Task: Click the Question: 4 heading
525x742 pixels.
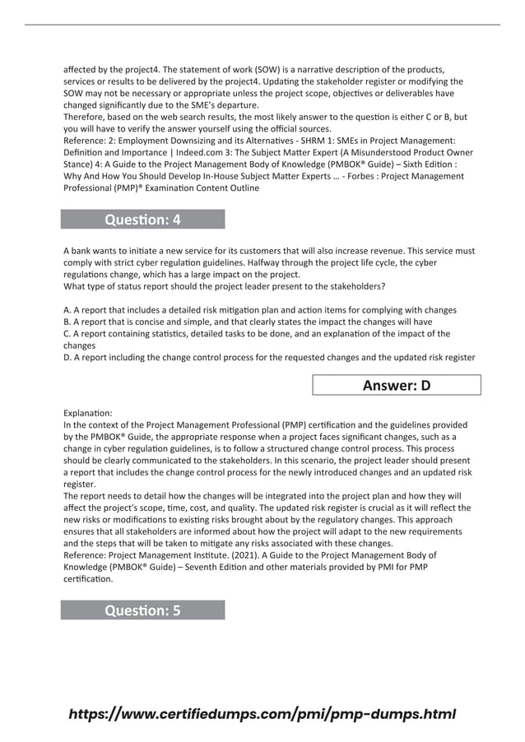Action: click(142, 220)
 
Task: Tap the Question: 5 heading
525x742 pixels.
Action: click(142, 610)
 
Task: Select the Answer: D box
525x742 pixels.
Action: click(396, 386)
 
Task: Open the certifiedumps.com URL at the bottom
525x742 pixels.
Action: click(262, 714)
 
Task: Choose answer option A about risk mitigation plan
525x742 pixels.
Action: click(259, 310)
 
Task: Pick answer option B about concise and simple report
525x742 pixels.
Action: click(247, 322)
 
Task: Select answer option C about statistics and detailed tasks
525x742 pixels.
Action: click(256, 334)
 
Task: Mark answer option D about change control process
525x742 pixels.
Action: click(268, 357)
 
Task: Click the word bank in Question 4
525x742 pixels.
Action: click(83, 251)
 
